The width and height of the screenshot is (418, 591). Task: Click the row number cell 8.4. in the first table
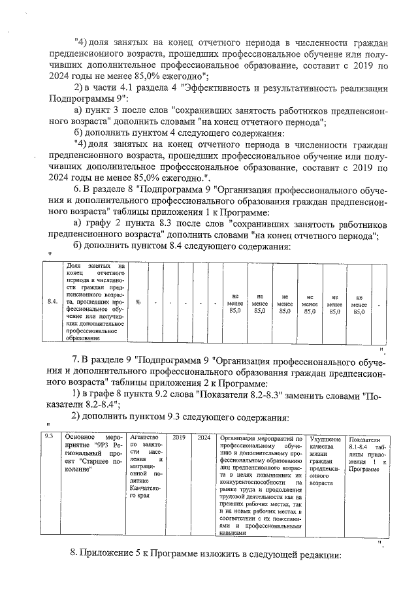pos(52,302)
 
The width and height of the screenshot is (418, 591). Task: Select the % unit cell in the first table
pos(138,302)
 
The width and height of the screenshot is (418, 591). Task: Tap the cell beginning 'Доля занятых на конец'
pos(95,302)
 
